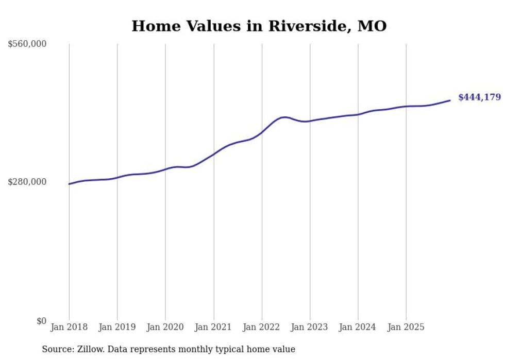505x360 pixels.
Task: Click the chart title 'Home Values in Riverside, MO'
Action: coord(259,26)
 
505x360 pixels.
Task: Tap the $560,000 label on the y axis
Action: coord(27,44)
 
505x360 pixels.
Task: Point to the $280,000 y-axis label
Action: coord(27,182)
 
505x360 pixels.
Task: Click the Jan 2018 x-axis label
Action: coord(69,327)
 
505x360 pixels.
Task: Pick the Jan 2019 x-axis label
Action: coord(117,327)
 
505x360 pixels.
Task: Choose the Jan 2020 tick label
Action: coord(165,327)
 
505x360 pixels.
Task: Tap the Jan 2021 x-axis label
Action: coord(213,327)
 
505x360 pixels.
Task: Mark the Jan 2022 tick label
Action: coord(262,327)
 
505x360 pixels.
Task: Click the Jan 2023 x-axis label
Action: coord(310,327)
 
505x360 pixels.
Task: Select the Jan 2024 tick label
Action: coord(358,327)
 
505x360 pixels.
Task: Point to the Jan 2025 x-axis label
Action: coord(406,327)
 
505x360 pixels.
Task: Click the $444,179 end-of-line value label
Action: coord(479,97)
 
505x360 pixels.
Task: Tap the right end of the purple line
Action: coord(450,100)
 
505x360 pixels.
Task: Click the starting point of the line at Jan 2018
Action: coord(69,184)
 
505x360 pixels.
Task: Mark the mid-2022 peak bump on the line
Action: coord(284,117)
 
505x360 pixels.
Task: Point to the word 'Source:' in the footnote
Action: coord(57,349)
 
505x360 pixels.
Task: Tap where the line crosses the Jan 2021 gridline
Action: coord(213,154)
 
